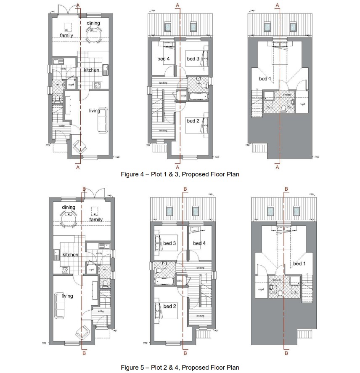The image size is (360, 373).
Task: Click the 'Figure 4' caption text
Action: pyautogui.click(x=180, y=174)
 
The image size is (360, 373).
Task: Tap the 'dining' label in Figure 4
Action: pyautogui.click(x=93, y=23)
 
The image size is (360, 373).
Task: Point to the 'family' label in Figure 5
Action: pyautogui.click(x=96, y=219)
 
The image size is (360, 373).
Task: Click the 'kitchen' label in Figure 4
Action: pyautogui.click(x=91, y=70)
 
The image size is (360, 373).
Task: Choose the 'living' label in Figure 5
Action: pyautogui.click(x=67, y=296)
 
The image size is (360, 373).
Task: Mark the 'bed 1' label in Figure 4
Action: pyautogui.click(x=263, y=79)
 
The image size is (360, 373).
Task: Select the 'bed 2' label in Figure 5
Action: pyautogui.click(x=169, y=306)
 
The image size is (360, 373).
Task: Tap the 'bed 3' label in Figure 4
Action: pyautogui.click(x=193, y=59)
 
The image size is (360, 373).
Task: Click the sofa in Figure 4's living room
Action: pyautogui.click(x=103, y=120)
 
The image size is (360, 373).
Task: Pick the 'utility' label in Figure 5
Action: pyautogui.click(x=99, y=253)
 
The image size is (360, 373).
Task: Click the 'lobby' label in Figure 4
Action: pyautogui.click(x=61, y=126)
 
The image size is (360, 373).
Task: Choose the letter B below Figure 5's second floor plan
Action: pyautogui.click(x=286, y=353)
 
